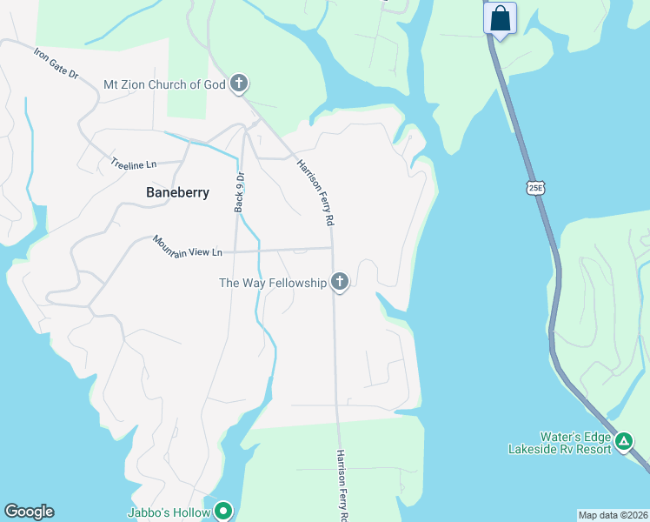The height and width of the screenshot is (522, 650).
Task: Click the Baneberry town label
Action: [177, 192]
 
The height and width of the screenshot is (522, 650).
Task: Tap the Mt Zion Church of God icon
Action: [239, 84]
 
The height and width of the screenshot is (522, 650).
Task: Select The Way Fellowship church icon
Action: [340, 283]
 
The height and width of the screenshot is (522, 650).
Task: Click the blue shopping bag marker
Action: [501, 18]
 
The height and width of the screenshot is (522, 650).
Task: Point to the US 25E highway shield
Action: [534, 188]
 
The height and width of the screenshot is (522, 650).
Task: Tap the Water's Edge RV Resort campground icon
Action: [624, 442]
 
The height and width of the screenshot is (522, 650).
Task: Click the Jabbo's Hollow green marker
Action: [223, 512]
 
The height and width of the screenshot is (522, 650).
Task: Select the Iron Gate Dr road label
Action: [56, 64]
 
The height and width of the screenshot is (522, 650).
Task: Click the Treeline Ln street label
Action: [133, 163]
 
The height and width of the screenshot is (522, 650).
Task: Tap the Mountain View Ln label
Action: [188, 245]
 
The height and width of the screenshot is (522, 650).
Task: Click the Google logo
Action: [29, 512]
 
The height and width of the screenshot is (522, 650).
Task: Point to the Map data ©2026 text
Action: [612, 515]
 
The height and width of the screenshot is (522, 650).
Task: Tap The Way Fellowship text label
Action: [272, 283]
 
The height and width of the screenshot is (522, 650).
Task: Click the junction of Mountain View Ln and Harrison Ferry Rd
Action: [333, 248]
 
